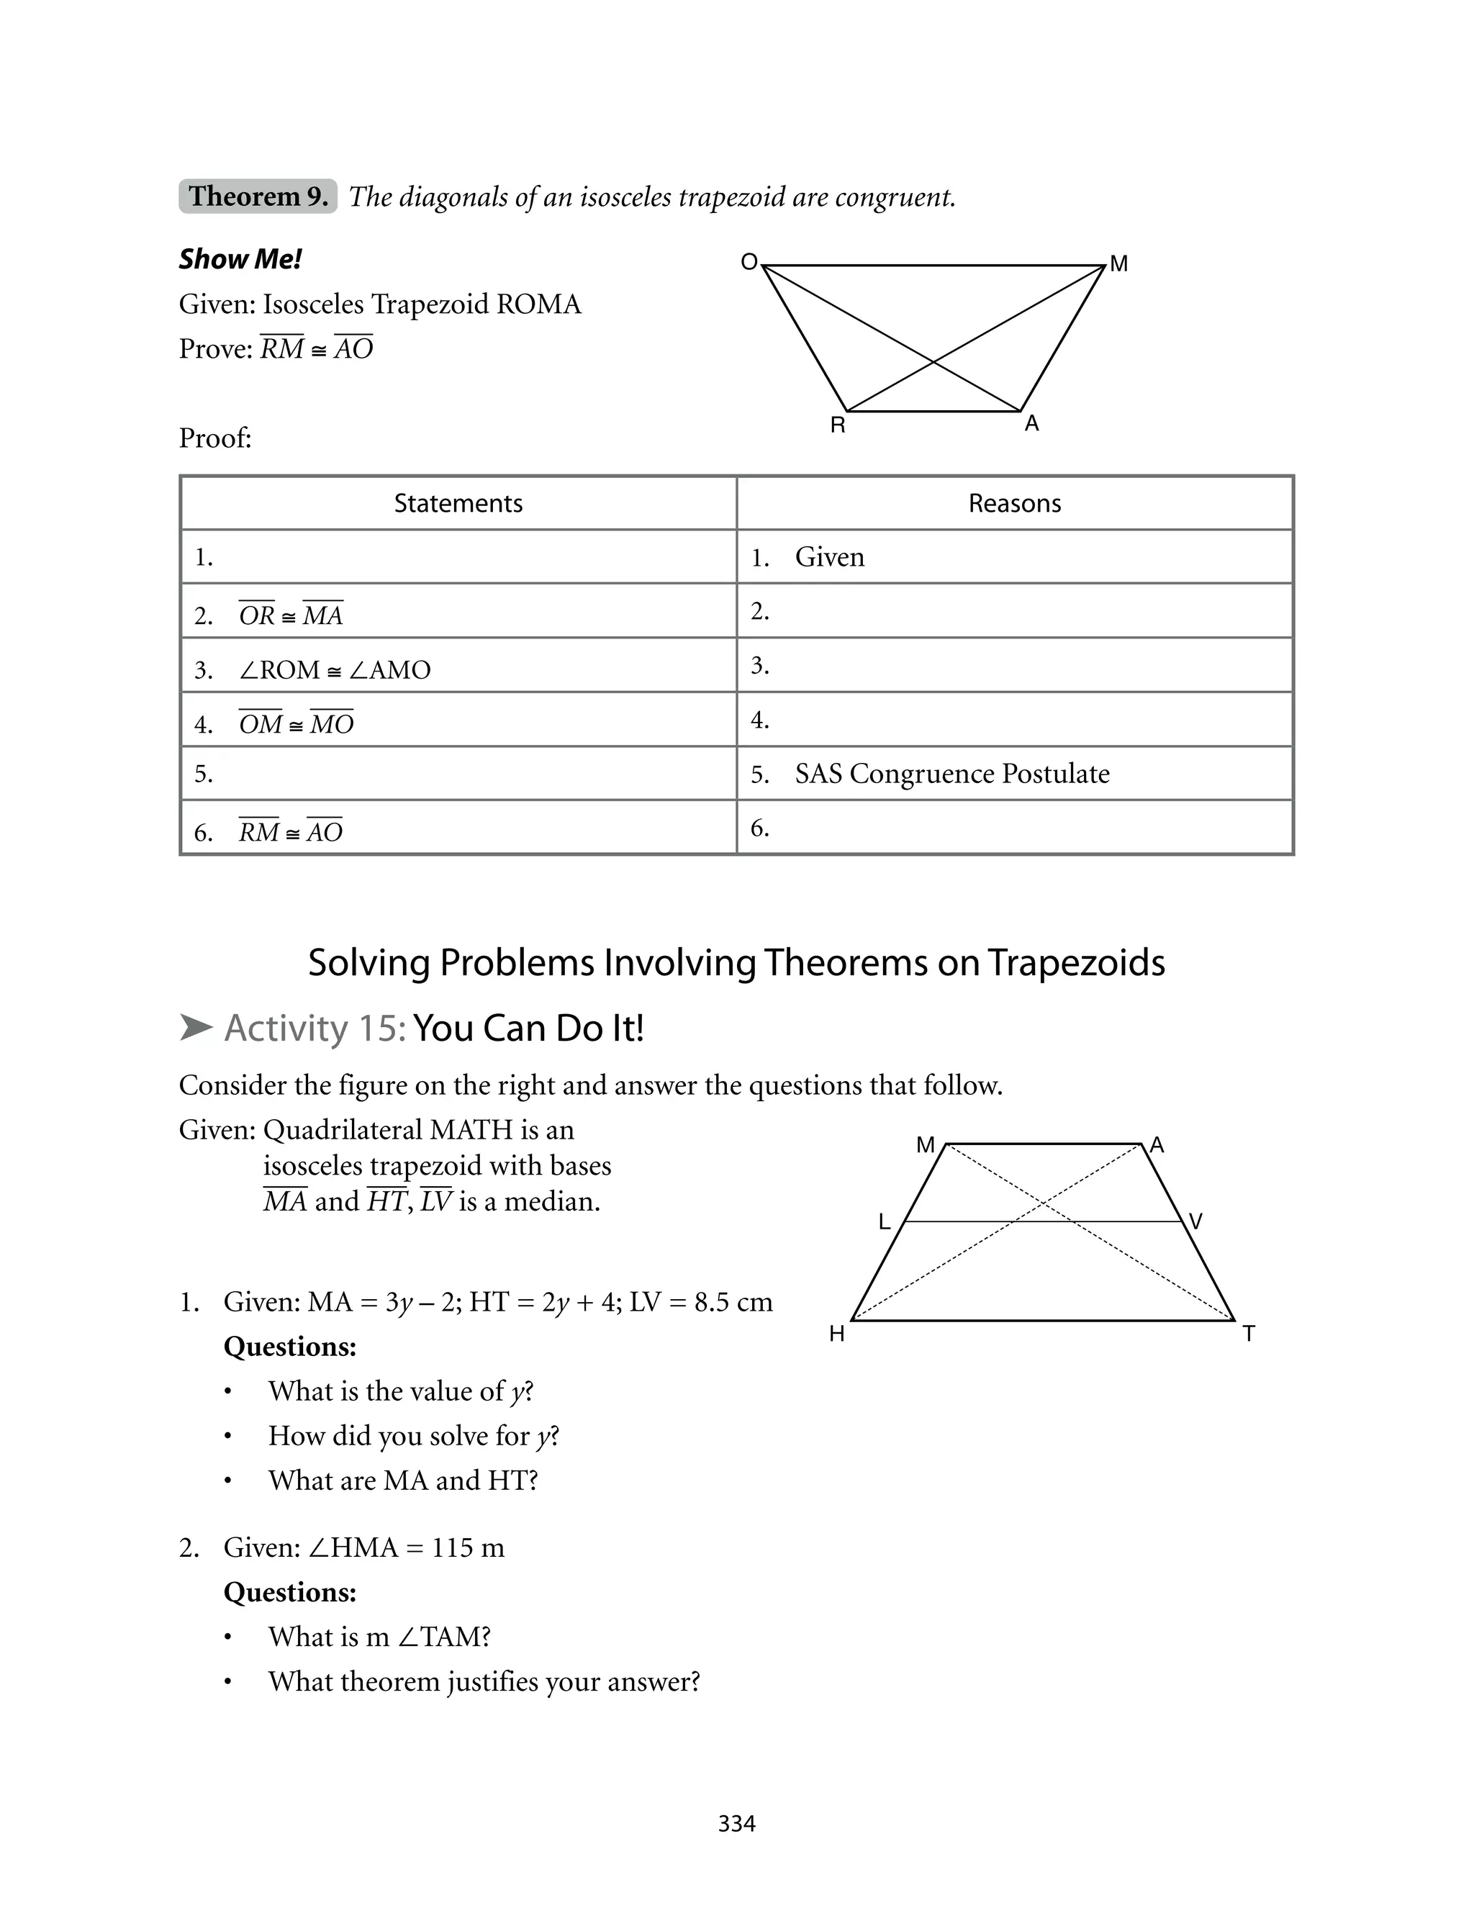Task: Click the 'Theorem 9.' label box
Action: coord(258,196)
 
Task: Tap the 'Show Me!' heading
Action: coord(240,260)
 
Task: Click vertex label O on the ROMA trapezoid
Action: coord(749,262)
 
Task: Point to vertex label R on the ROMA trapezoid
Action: coord(838,426)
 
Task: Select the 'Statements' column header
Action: coord(458,504)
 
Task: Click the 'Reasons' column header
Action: coord(1014,504)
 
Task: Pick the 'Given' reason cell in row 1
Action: coord(829,557)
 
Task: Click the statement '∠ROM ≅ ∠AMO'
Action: coord(334,670)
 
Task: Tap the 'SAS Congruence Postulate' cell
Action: coord(952,774)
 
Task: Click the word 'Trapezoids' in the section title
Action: coord(1076,963)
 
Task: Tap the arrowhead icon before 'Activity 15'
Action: coord(196,1028)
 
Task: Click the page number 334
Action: coord(736,1824)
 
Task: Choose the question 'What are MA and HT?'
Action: coord(403,1481)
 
